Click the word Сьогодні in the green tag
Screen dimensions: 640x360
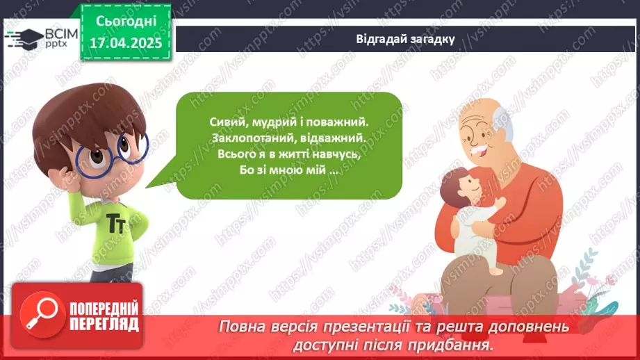[126, 22]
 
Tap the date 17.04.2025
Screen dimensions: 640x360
[126, 43]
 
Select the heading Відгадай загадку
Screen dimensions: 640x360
[405, 39]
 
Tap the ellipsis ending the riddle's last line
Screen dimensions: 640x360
[334, 172]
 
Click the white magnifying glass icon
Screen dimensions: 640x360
[42, 314]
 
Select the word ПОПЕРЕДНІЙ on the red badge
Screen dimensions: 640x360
[104, 309]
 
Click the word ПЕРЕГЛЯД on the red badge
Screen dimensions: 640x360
[104, 325]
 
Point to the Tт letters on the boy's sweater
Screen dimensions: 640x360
[117, 223]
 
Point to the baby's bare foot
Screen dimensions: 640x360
[496, 270]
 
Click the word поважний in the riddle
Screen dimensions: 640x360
[337, 122]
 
